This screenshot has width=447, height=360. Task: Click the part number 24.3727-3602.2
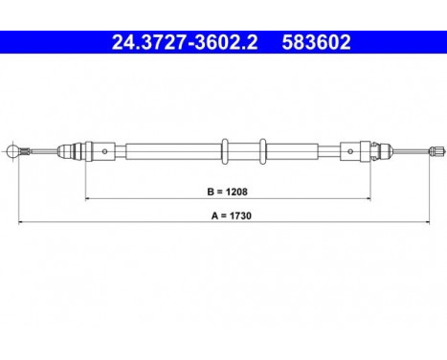180,41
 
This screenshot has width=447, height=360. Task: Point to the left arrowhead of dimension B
90,198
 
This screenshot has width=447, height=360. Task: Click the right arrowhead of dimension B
368,198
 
